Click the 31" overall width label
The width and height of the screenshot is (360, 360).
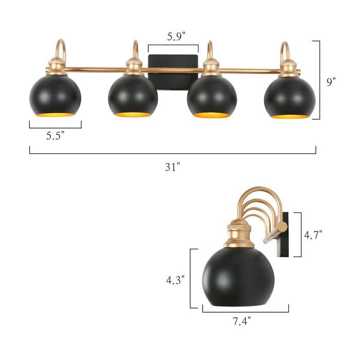[173, 167]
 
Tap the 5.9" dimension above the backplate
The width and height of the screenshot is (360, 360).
[173, 37]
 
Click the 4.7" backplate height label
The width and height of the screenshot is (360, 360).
[313, 235]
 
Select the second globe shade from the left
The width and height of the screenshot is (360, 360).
[133, 96]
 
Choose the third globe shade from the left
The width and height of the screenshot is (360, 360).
[212, 96]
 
